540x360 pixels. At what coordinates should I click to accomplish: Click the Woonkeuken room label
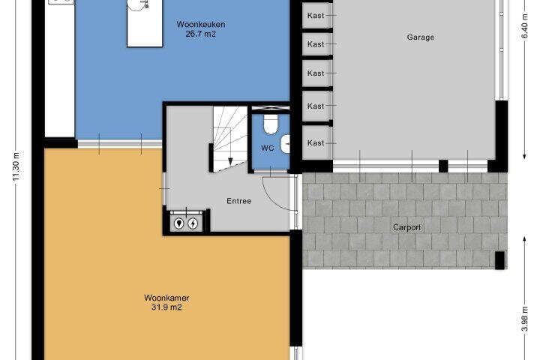pos(201,25)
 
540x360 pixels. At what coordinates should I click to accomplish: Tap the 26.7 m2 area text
pos(201,34)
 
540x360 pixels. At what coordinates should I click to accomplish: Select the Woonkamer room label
pos(166,298)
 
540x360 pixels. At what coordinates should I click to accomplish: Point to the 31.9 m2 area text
pos(166,307)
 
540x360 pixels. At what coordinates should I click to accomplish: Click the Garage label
pos(421,37)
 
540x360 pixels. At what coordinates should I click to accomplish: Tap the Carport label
pos(407,227)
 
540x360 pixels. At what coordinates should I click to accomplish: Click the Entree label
pos(239,201)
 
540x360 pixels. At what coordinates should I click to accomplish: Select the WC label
pos(268,148)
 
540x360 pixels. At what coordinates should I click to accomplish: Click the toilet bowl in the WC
pos(271,124)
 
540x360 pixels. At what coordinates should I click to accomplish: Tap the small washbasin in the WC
pos(285,144)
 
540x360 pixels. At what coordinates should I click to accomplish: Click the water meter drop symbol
pos(178,223)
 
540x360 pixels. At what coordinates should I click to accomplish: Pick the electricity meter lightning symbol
pos(193,223)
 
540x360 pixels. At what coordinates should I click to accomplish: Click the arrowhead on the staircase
pos(230,161)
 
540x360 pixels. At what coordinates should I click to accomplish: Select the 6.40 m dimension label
pos(524,26)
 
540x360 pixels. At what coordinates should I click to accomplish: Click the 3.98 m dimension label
pos(524,319)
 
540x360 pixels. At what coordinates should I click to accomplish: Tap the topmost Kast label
pos(316,16)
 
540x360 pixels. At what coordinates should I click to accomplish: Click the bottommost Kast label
pos(316,143)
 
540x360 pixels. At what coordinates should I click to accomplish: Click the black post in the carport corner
pos(499,260)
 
